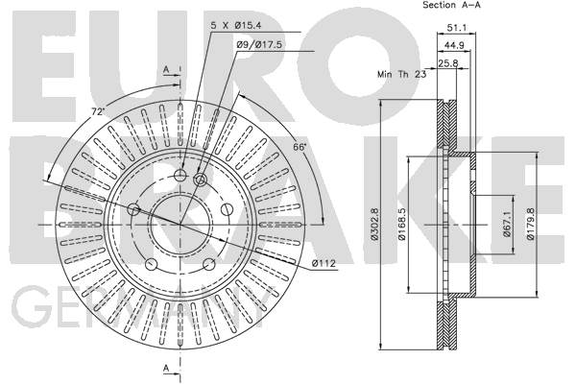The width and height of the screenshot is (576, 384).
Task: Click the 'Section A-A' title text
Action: pos(451,5)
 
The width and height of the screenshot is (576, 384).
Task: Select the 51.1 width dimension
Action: pos(456,28)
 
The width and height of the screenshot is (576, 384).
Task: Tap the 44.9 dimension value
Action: pos(454,45)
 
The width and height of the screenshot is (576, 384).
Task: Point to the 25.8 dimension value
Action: pos(448,63)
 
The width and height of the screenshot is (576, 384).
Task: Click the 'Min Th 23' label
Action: pos(402,74)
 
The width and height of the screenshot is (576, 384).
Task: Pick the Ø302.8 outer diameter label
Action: pos(374,224)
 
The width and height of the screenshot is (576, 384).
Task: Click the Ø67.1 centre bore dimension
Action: pos(507,224)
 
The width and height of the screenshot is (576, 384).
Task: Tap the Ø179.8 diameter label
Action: pos(530,224)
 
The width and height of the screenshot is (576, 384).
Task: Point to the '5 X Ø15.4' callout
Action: pos(236,25)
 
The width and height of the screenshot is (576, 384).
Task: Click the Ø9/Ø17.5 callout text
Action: pos(259,45)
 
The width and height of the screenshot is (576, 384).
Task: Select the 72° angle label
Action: pos(98,111)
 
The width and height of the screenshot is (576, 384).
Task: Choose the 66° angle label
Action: pos(300,147)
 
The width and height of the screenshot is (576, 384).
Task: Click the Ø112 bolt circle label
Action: pos(324,263)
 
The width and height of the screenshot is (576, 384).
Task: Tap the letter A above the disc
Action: pos(166,69)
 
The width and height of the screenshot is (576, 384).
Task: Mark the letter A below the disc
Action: pos(166,368)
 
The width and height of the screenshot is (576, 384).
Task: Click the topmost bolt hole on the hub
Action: pos(180,176)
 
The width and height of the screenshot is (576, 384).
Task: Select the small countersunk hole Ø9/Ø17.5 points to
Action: pos(201,180)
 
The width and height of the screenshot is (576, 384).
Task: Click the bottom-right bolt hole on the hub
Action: pos(209,264)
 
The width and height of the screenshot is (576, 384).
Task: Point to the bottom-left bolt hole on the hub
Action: pos(152,264)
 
